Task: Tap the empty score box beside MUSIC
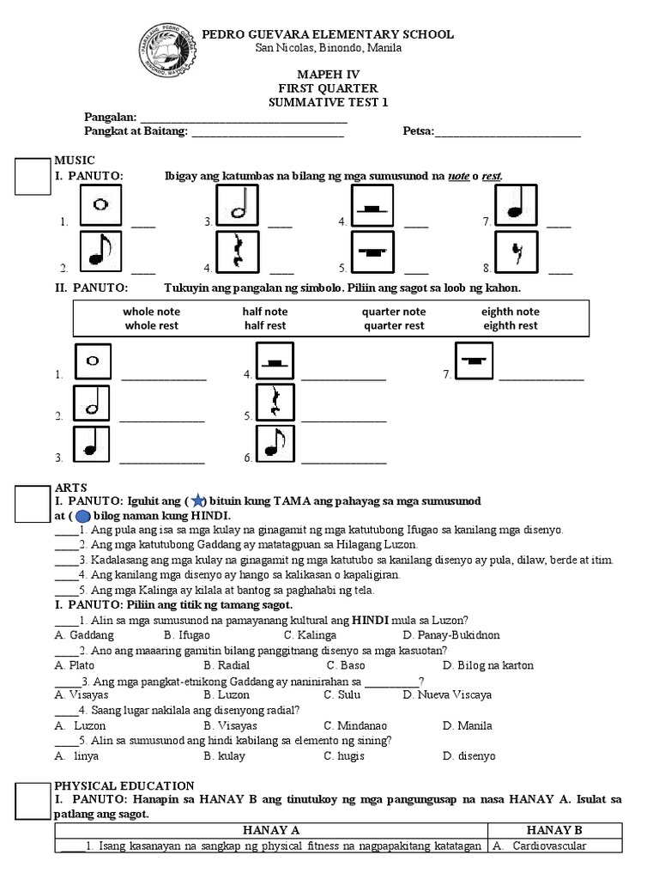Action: click(34, 177)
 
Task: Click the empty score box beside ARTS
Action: click(34, 504)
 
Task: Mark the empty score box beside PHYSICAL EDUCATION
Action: click(34, 799)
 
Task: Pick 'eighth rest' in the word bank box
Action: click(510, 326)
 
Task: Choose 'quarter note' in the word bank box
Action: click(393, 312)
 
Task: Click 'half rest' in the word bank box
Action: click(264, 326)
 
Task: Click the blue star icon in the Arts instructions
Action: click(196, 500)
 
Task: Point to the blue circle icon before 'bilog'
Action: click(83, 516)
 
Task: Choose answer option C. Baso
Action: click(346, 665)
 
